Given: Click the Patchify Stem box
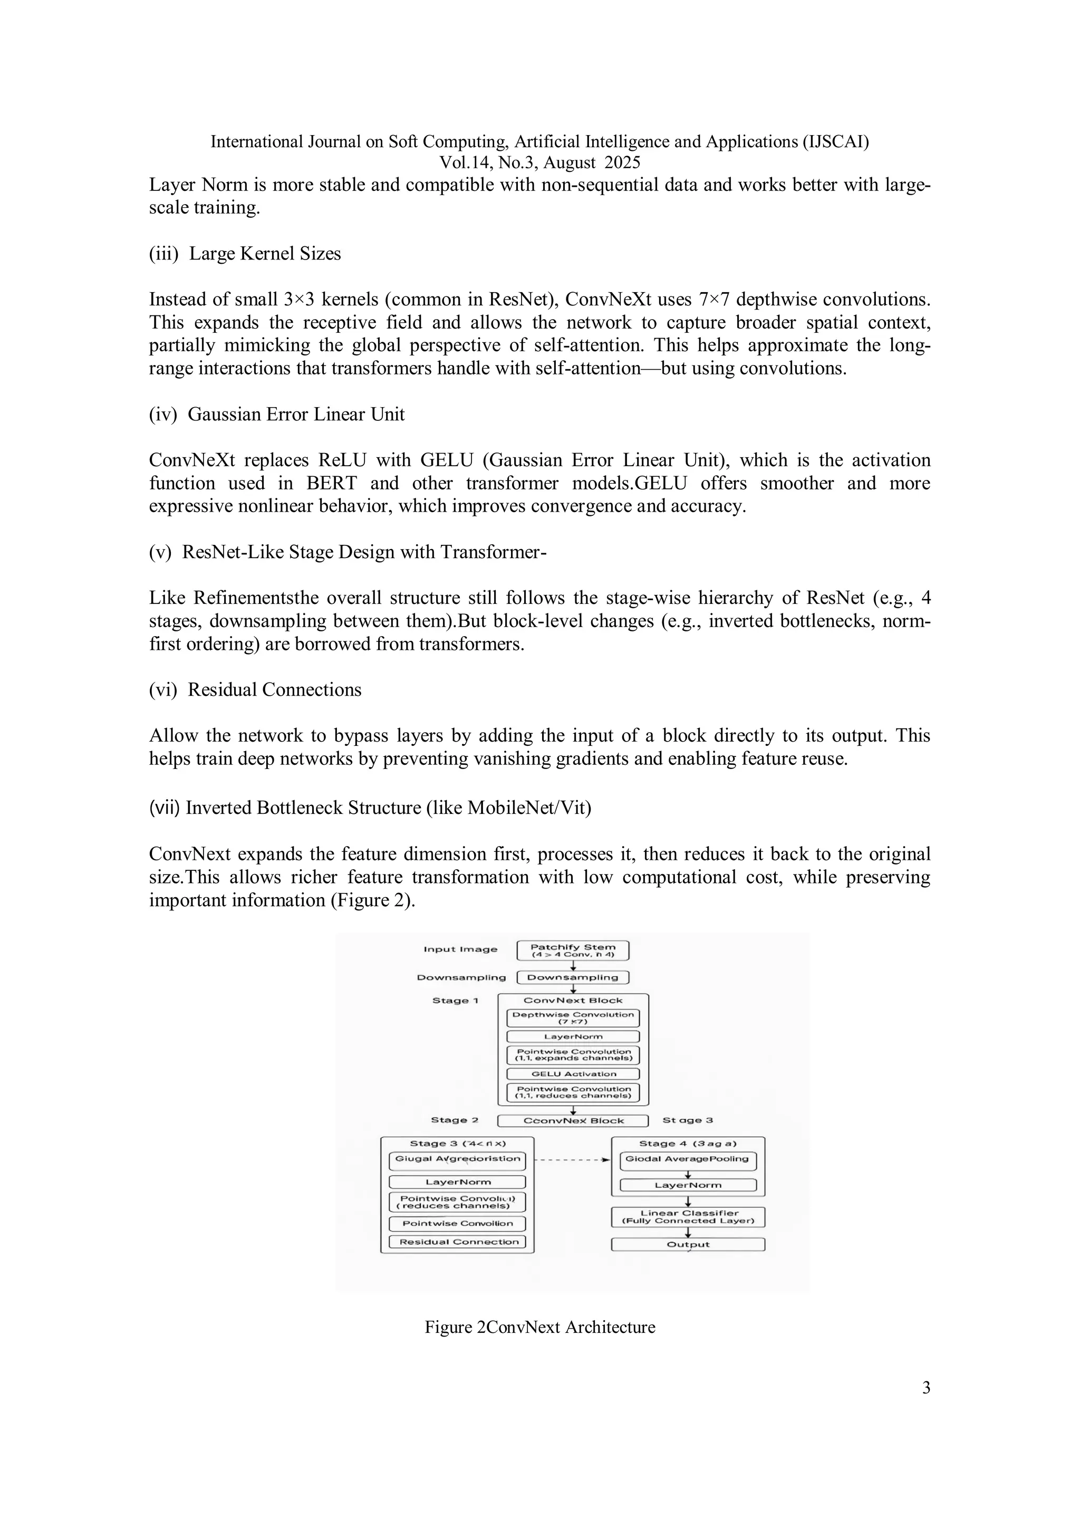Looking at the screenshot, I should point(572,950).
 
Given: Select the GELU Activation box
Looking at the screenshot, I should point(573,1073).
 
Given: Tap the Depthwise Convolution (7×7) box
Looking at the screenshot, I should point(573,1018).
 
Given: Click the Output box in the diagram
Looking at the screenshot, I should point(688,1244).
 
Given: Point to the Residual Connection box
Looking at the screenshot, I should point(458,1242).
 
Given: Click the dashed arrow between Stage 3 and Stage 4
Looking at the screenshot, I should point(572,1159).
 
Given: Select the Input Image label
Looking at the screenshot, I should point(460,949).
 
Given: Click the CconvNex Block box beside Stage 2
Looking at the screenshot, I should point(573,1121).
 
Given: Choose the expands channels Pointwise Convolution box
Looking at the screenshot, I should point(573,1055).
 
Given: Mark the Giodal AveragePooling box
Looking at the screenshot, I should point(688,1161).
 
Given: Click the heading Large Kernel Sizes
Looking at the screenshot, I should point(264,254).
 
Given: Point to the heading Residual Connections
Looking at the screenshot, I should point(274,689).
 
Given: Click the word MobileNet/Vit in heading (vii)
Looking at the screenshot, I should point(526,808).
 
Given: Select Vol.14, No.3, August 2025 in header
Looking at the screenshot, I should point(539,162).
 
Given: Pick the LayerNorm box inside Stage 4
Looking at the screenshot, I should point(688,1185).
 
